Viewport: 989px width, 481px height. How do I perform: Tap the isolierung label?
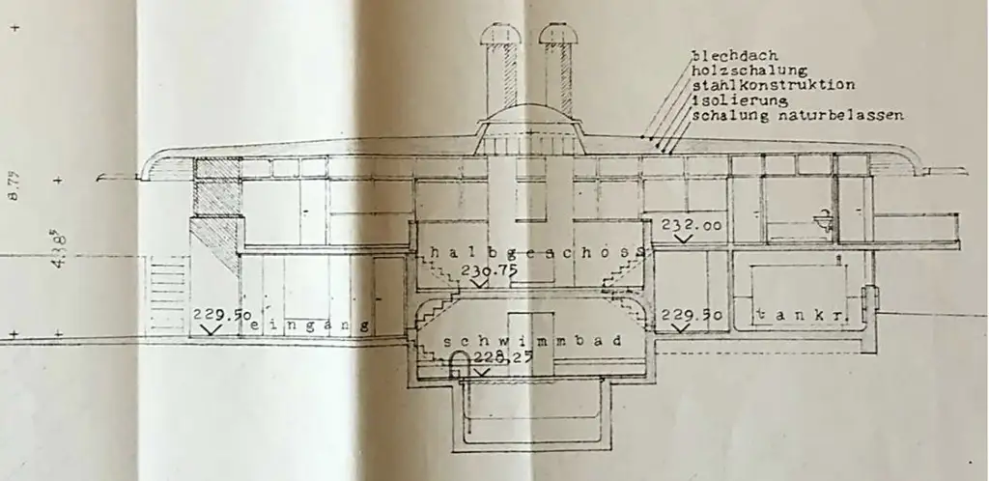[739, 99]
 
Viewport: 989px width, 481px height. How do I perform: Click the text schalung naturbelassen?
[798, 115]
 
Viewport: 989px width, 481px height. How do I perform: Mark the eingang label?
[311, 327]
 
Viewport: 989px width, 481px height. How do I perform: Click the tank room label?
[795, 315]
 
